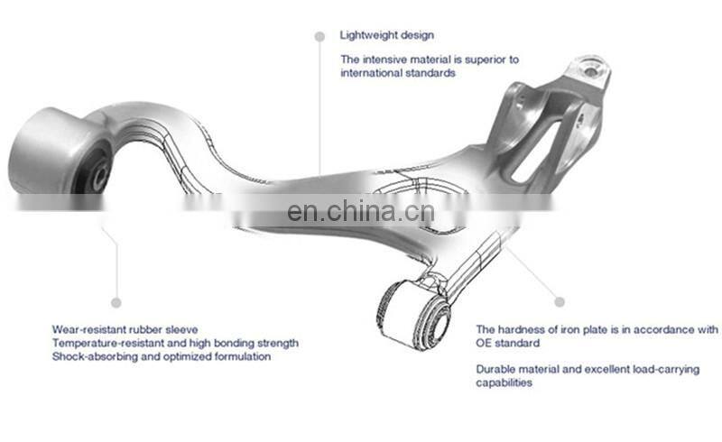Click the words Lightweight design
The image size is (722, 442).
click(x=386, y=35)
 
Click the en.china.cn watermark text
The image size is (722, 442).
click(x=360, y=212)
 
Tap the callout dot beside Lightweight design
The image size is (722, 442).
click(x=319, y=36)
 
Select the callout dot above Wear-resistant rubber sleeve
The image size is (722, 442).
click(x=116, y=302)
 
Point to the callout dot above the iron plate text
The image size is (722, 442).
click(x=559, y=301)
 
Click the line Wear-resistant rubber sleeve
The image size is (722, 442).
click(x=125, y=329)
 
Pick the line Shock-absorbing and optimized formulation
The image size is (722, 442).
click(x=147, y=356)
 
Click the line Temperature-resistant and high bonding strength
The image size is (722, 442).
click(x=175, y=343)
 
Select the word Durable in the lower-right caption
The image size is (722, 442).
click(x=495, y=368)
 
